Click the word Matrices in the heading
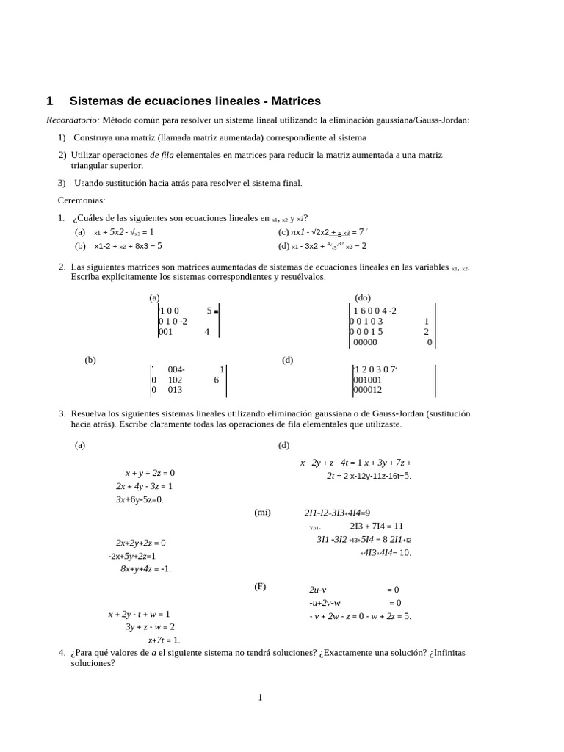292,101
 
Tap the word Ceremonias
82,200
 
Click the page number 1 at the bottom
260,698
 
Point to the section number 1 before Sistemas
49,101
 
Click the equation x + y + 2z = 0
150,473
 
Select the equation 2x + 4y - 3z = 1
144,486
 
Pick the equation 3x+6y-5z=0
140,499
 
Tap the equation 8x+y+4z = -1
145,568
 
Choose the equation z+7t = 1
164,640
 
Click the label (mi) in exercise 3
262,513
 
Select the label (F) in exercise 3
260,587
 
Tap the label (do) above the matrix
363,297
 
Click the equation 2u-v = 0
354,590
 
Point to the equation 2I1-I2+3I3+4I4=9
337,513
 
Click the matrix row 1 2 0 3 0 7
375,369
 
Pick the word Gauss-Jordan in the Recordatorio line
443,120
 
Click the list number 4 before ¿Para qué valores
62,652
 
